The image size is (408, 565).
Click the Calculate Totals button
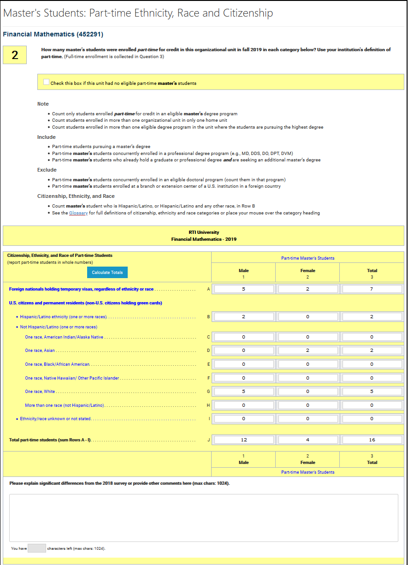coord(107,273)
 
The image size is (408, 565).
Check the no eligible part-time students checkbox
coord(46,82)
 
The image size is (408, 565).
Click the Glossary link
coord(78,213)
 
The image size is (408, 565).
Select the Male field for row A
coord(244,289)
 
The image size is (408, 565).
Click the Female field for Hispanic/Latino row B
coord(307,317)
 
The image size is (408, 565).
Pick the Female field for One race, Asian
coord(307,351)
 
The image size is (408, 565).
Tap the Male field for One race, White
coord(244,392)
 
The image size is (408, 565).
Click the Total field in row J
coord(372,440)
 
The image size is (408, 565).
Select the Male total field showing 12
coord(244,440)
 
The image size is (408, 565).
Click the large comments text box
coord(203,517)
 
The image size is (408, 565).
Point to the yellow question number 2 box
coord(15,55)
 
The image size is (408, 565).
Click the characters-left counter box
coord(36,548)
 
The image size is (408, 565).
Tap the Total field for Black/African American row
coord(372,364)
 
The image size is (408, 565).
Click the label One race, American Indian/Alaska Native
coord(64,337)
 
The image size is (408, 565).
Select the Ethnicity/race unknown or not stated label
coord(55,419)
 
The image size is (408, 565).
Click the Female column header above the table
coord(307,271)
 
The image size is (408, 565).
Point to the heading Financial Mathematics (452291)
coord(53,34)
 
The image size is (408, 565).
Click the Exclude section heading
coord(47,170)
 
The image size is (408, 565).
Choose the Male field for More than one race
coord(244,405)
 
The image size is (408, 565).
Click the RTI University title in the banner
coord(204,232)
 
